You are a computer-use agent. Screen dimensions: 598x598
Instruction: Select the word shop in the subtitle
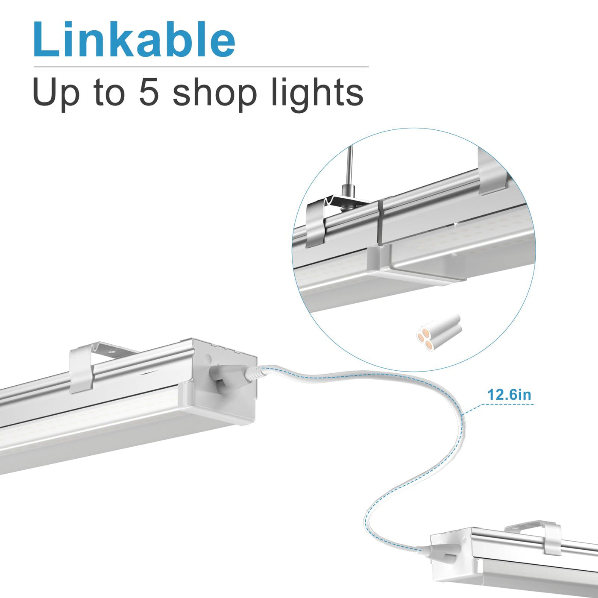(215, 95)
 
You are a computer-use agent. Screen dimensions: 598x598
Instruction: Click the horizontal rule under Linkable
(201, 67)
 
